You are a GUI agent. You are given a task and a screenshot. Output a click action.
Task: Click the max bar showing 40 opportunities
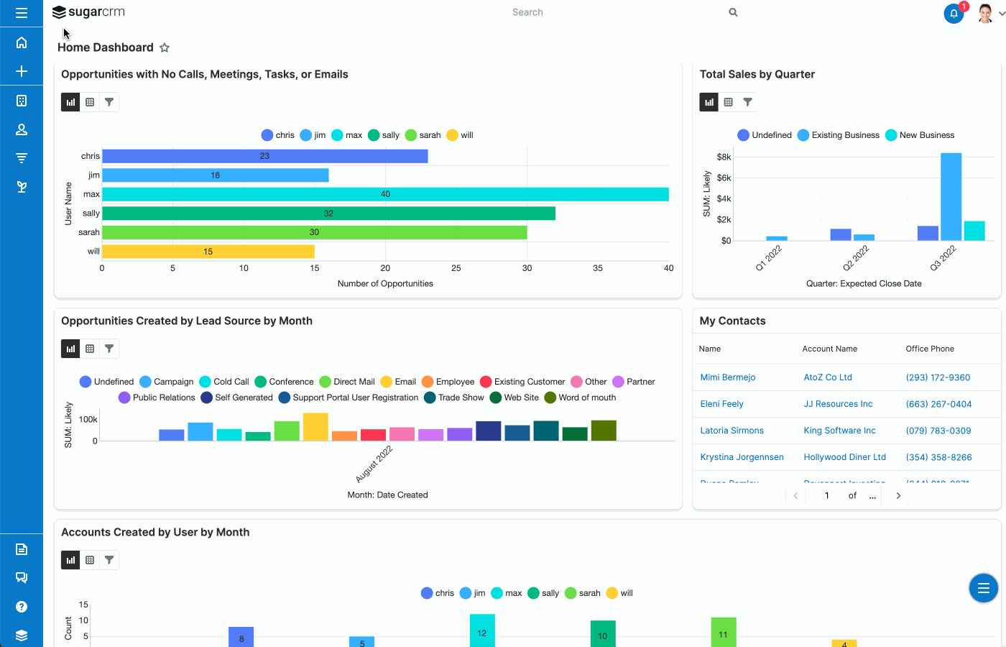tap(385, 194)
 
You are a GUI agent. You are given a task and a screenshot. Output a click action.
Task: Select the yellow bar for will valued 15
tap(208, 252)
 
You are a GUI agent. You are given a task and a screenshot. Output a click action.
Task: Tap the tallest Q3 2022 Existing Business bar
tap(951, 196)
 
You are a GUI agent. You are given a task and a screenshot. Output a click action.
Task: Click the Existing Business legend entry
tap(839, 135)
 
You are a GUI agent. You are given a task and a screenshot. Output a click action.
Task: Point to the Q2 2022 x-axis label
tap(856, 257)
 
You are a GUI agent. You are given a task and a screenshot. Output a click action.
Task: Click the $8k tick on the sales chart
tap(724, 157)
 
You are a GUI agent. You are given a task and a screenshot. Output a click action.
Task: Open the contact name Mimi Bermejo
tap(727, 377)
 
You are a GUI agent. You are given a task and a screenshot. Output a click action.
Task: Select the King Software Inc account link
tap(839, 431)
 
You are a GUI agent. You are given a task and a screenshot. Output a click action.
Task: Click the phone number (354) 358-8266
tap(938, 457)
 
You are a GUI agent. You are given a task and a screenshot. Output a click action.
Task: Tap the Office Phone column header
tap(930, 349)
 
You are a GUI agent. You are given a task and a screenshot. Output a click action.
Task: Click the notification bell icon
tap(954, 13)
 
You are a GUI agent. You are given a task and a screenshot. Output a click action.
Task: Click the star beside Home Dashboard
tap(165, 47)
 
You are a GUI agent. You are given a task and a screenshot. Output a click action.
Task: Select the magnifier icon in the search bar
tap(733, 12)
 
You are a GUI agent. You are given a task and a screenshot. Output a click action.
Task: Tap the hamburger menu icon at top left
tap(22, 13)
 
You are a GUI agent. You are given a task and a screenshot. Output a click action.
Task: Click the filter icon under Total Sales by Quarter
tap(747, 102)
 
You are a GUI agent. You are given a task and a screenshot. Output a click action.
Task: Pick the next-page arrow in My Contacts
tap(898, 495)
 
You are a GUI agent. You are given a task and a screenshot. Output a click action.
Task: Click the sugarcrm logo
tap(89, 12)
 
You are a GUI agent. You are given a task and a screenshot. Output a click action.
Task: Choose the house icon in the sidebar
tap(22, 42)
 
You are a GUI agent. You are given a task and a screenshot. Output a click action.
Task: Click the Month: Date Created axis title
tap(387, 495)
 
